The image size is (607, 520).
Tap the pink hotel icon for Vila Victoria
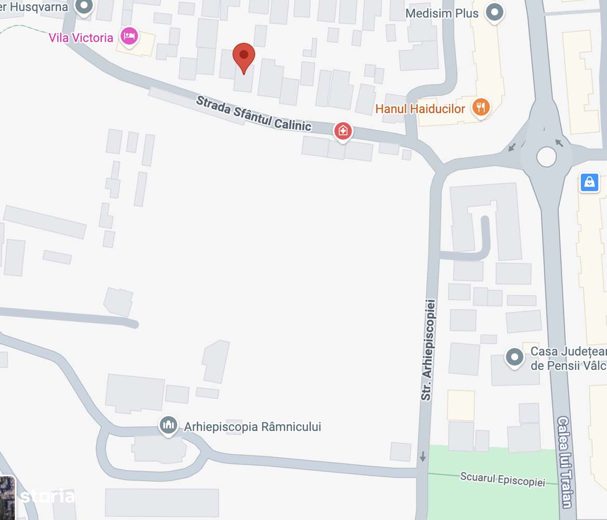pos(128,36)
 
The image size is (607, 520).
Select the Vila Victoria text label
pos(80,37)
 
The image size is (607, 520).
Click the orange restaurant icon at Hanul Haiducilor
pos(481,107)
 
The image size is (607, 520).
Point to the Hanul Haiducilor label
pos(420,109)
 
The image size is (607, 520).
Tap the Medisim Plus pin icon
pos(495,12)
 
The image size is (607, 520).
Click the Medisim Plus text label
pos(442,14)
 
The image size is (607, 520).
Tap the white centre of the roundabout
pos(546,157)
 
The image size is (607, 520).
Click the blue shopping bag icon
pos(589,182)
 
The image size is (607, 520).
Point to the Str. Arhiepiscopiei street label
pos(427,349)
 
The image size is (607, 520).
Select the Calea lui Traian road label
pos(564,462)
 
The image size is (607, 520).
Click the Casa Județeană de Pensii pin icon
pos(515,357)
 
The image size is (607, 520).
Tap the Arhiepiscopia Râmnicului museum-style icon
pos(168,425)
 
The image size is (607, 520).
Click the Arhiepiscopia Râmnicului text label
pos(252,427)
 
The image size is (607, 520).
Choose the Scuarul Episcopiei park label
pos(503,479)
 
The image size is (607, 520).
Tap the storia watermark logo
pos(47,496)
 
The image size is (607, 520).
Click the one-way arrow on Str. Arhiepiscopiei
pos(423,457)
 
